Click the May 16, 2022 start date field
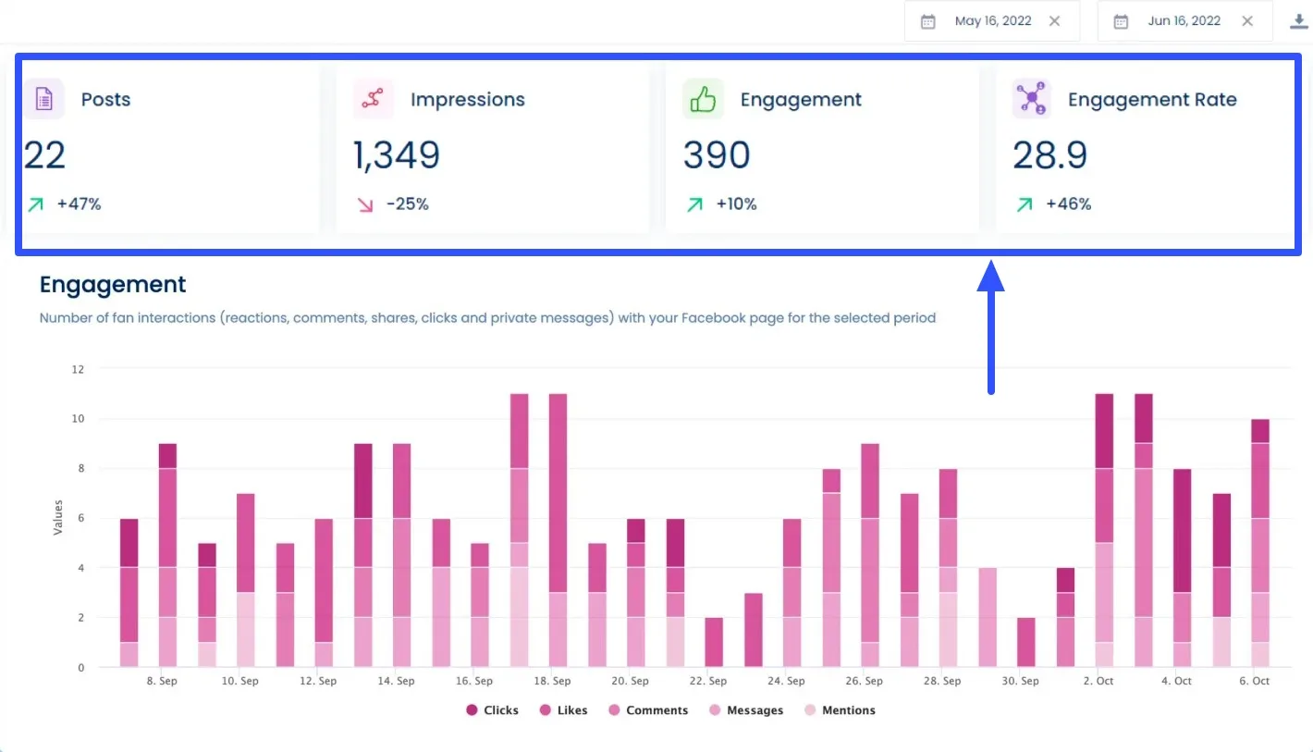tap(992, 21)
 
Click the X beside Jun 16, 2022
tap(1247, 21)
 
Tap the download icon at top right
tap(1299, 21)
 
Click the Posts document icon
tap(43, 99)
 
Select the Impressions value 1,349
tap(397, 155)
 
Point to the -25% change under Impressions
tap(407, 204)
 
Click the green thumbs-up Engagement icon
tap(703, 99)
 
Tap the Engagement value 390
tap(717, 155)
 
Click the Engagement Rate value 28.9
tap(1049, 155)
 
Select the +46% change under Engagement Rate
tap(1068, 204)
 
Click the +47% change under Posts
tap(79, 204)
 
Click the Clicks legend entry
tap(492, 710)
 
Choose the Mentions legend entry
tap(840, 710)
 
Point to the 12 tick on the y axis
tap(78, 369)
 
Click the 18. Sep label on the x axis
tap(551, 681)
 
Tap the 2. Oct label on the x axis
tap(1098, 681)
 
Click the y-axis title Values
tap(57, 517)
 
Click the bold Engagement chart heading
tap(113, 285)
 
